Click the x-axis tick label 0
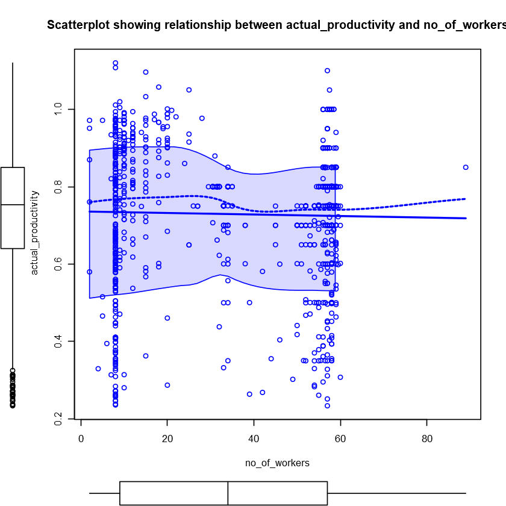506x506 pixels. pos(81,439)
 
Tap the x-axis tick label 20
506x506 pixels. pos(167,439)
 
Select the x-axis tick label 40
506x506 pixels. pos(254,439)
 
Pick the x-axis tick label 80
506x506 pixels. pos(426,439)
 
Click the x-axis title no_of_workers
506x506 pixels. pos(277,463)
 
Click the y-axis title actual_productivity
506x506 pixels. pos(34,233)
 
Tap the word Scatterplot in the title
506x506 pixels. pos(77,25)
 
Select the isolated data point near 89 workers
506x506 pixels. pos(466,167)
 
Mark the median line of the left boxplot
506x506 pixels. pos(13,205)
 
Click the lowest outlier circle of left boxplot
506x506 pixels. pos(13,405)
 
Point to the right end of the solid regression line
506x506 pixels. pos(466,218)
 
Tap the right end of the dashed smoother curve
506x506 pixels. pos(466,199)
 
